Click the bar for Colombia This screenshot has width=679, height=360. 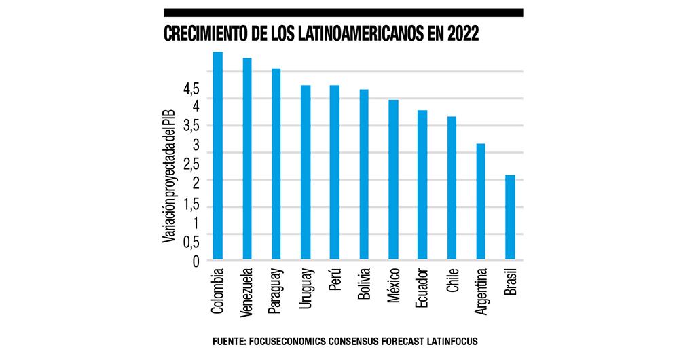[x=218, y=156]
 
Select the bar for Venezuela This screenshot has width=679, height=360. [x=247, y=159]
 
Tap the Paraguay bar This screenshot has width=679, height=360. [x=276, y=164]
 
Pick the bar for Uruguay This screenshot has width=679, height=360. [x=306, y=173]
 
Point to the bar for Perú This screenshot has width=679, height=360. [x=335, y=173]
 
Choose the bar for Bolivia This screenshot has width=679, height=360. [x=364, y=175]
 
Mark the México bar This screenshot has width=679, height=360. [x=393, y=180]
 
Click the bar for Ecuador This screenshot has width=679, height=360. [x=422, y=185]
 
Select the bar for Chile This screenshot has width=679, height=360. [x=452, y=188]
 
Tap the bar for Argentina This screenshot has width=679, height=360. [x=481, y=202]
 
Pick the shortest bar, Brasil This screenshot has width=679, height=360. [x=510, y=217]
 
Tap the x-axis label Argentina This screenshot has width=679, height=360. [x=481, y=292]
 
